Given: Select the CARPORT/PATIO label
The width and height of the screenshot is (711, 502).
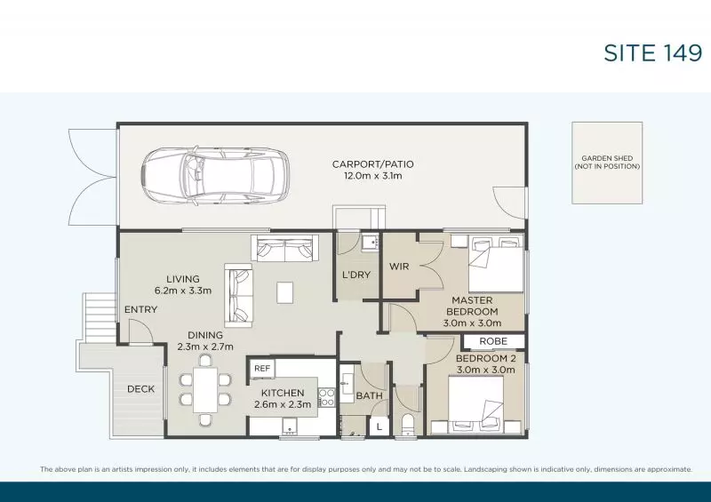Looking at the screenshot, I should (372, 164).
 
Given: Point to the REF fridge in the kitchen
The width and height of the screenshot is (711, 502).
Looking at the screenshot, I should (261, 368).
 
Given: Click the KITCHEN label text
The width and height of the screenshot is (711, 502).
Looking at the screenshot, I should (283, 393).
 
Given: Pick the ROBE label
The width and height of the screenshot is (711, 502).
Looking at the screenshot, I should (493, 341).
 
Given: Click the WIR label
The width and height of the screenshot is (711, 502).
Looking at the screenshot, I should (399, 267).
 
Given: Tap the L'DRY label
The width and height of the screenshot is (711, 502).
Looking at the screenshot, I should (356, 275).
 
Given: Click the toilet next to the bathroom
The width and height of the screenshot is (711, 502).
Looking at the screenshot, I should (408, 424).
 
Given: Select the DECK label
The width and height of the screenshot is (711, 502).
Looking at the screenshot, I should (140, 388).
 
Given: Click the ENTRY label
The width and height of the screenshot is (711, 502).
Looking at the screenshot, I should (140, 309).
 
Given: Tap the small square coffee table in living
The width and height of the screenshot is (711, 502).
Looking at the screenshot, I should (284, 292).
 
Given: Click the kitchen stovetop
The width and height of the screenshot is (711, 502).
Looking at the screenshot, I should (326, 397).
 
